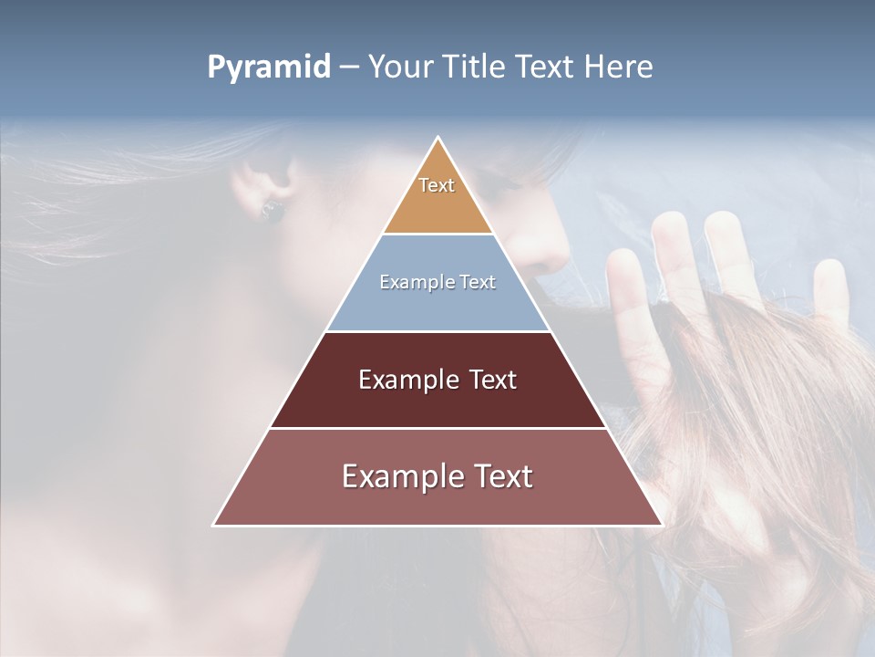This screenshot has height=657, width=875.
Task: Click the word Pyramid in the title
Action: click(268, 68)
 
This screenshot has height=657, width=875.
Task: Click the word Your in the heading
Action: click(400, 67)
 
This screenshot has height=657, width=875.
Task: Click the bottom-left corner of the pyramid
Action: click(214, 525)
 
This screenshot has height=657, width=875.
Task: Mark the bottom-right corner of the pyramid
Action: click(662, 525)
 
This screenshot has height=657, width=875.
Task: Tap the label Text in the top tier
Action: click(437, 185)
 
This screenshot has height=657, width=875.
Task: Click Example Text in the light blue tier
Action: click(437, 282)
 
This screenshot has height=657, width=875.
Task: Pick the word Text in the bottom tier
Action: click(501, 476)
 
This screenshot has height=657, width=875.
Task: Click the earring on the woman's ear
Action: click(273, 211)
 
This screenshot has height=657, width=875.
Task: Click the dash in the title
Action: click(348, 68)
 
